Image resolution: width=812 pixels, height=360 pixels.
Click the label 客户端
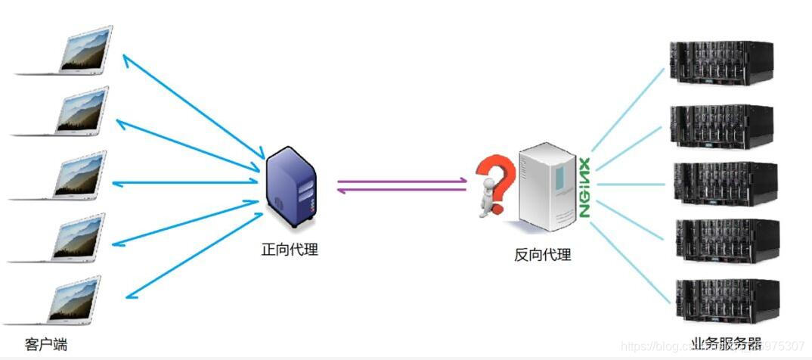[x=46, y=345]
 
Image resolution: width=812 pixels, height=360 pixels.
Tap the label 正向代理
[x=290, y=250]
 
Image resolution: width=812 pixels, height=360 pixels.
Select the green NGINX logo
[x=584, y=188]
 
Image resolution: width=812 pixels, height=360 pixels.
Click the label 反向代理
[x=542, y=255]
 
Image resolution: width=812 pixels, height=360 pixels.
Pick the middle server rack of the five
[x=724, y=184]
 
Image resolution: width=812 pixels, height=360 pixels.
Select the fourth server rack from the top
[x=725, y=241]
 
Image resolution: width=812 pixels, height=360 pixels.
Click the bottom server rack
[x=725, y=300]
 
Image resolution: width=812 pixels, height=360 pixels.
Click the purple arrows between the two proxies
[x=401, y=185]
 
